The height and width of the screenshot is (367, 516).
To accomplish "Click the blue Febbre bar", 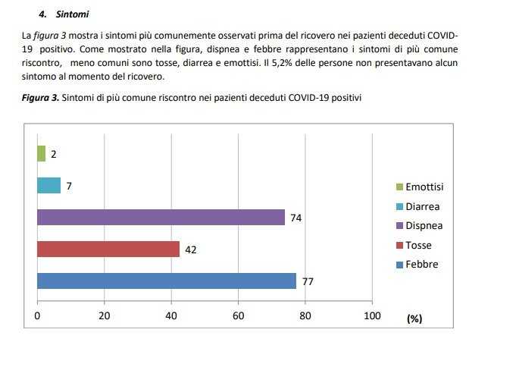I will click(x=166, y=281).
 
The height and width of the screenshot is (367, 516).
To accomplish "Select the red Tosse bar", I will click(x=108, y=249).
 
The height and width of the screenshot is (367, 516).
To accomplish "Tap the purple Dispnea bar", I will click(x=161, y=217).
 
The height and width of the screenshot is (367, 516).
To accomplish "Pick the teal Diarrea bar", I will click(x=48, y=185).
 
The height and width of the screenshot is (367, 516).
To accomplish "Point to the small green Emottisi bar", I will click(x=41, y=154).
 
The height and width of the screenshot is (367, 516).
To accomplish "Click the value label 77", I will click(x=308, y=281).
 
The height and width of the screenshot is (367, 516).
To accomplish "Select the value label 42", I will click(x=191, y=249).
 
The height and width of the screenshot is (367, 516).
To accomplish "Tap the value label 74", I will click(x=296, y=218).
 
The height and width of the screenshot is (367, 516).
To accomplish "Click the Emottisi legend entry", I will click(x=424, y=187).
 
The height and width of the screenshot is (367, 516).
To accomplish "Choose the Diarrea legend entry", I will click(x=423, y=206).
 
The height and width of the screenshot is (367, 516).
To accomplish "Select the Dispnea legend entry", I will click(x=424, y=226).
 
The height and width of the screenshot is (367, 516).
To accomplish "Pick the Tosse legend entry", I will click(x=419, y=245).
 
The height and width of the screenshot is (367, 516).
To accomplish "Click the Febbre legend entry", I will click(x=421, y=265).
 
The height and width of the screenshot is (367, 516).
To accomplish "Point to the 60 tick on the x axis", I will click(x=239, y=316).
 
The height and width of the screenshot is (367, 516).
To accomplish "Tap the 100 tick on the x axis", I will click(x=372, y=316).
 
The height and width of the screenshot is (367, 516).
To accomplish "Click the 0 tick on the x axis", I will click(x=37, y=316).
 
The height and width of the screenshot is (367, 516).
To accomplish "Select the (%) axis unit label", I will click(x=414, y=318).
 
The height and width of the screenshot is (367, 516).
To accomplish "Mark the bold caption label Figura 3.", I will click(x=39, y=98).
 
